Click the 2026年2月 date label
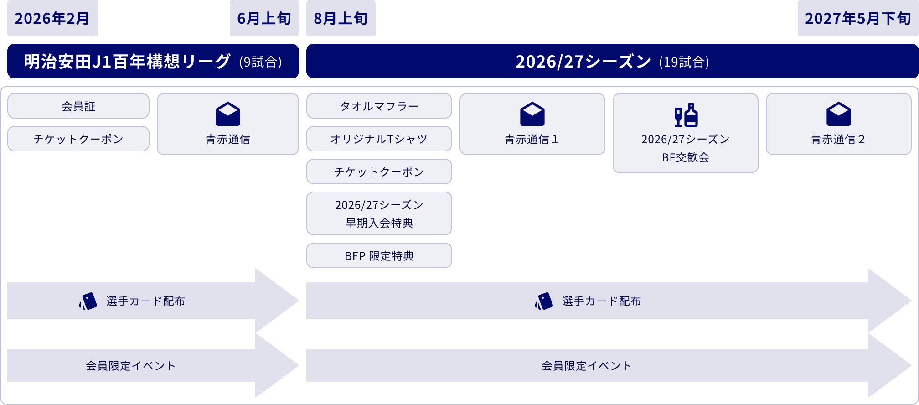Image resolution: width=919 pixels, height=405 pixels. pos(52,18)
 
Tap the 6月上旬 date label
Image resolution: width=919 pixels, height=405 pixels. pos(264,18)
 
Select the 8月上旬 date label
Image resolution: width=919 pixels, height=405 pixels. pos(341,18)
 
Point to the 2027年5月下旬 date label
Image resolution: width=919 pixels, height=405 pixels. pos(858,18)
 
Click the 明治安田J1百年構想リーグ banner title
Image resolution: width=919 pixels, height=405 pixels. pos(127,61)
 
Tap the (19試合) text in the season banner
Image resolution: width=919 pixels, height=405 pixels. pos(684,62)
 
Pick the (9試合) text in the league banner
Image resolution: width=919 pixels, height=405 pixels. pos(260,62)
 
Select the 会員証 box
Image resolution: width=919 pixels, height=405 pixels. pos(78,106)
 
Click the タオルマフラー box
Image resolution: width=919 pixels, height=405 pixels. pos(379,106)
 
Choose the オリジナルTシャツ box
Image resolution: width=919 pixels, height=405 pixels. pos(379,139)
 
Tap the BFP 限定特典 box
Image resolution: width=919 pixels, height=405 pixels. pos(379,256)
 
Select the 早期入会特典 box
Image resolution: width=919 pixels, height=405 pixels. pos(379,214)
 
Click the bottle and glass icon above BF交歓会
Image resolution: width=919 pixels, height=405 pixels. pos(686,115)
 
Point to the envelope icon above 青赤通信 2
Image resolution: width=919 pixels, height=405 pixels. pos(838,114)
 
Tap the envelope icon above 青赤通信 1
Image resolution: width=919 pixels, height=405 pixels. pos(532,114)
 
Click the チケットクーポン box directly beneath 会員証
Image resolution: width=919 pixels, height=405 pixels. pos(78,139)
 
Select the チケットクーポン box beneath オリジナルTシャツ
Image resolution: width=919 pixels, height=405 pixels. pos(379,172)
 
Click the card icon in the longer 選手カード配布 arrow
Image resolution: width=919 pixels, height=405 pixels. pos(544,301)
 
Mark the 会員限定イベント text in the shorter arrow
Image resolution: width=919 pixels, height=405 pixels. pos(131,366)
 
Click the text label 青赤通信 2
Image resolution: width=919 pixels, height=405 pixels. pos(838,140)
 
